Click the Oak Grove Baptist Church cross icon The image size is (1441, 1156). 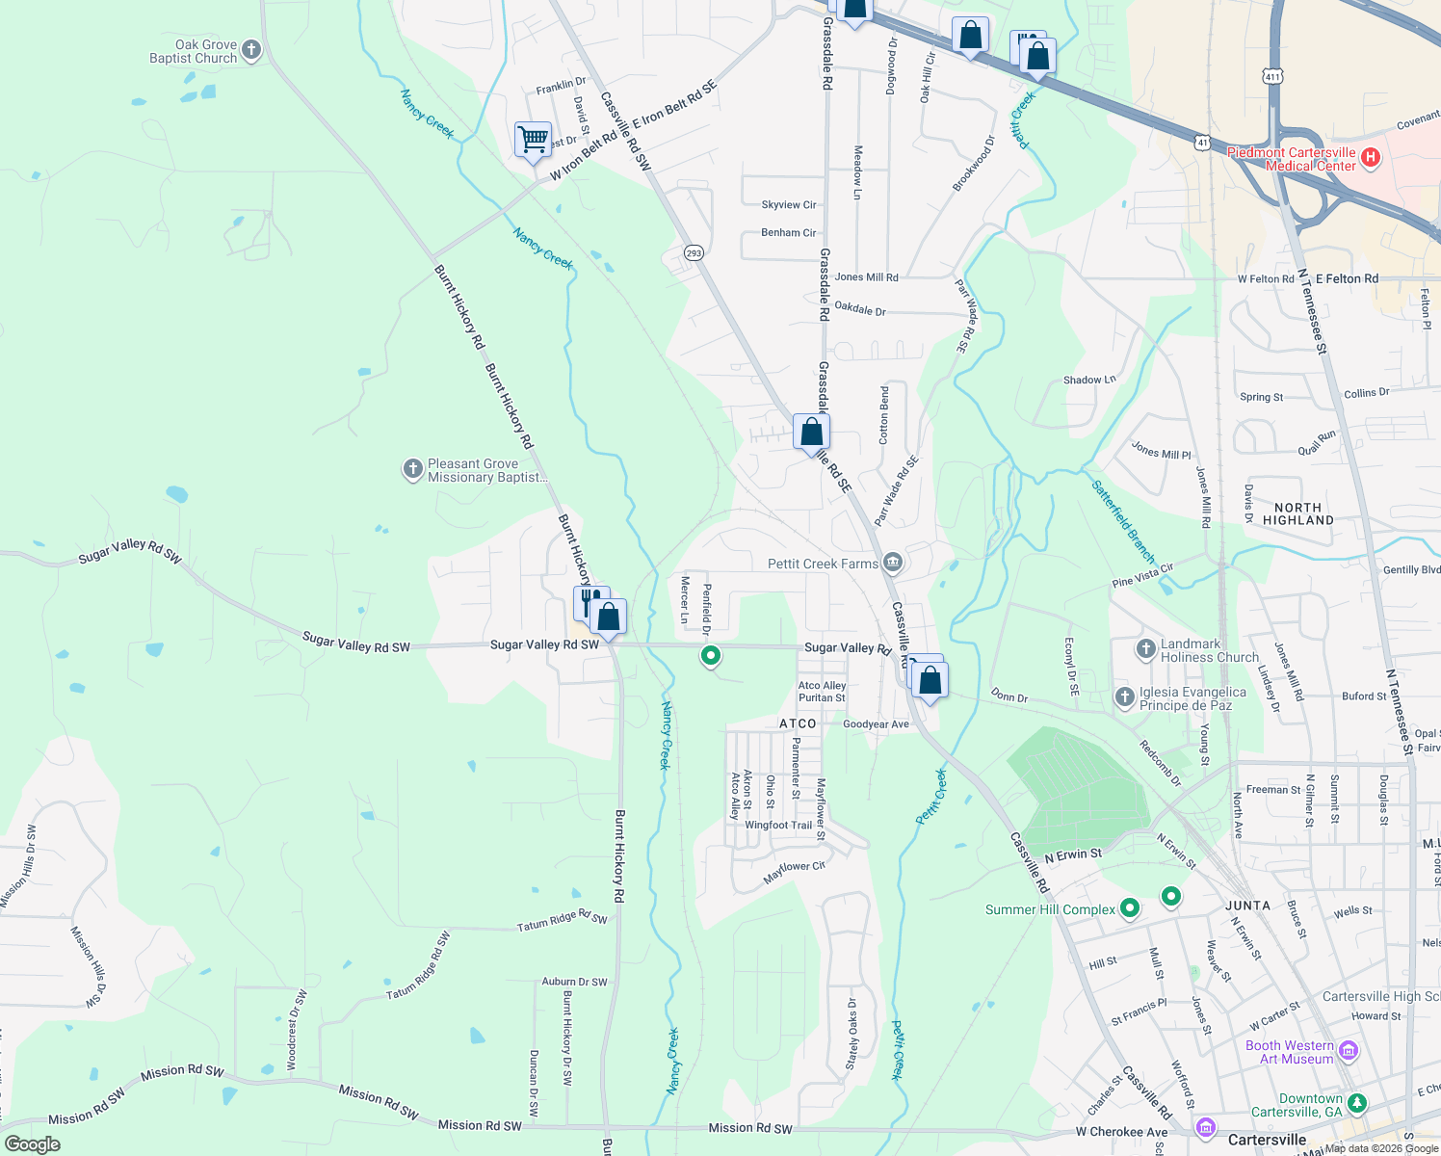[251, 50]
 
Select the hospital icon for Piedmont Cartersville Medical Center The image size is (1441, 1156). [1371, 158]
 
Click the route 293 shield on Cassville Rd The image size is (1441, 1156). [694, 252]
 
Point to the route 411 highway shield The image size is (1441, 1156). [1273, 76]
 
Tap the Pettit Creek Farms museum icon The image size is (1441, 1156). [893, 562]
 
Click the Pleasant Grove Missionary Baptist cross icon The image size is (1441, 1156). [412, 469]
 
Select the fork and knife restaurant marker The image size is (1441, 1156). [589, 602]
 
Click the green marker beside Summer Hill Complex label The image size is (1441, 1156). [1130, 907]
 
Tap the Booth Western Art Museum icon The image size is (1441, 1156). [1349, 1051]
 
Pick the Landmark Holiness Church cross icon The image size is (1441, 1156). [1145, 649]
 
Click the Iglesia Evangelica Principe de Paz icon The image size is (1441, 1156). [1124, 696]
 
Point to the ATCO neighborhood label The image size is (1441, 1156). [798, 723]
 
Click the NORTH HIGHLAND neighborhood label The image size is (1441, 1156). [1297, 513]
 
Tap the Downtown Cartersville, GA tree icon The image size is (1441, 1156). [1356, 1102]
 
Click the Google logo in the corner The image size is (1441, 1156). [32, 1143]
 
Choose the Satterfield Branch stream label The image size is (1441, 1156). [1123, 521]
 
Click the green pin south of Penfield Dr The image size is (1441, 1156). [711, 656]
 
